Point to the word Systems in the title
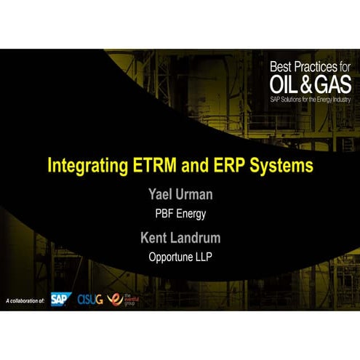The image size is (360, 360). pos(281,165)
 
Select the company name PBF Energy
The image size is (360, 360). pos(180,215)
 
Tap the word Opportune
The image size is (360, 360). pos(172,256)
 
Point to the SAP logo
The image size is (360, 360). pos(61,299)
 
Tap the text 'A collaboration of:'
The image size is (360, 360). pos(25,300)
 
